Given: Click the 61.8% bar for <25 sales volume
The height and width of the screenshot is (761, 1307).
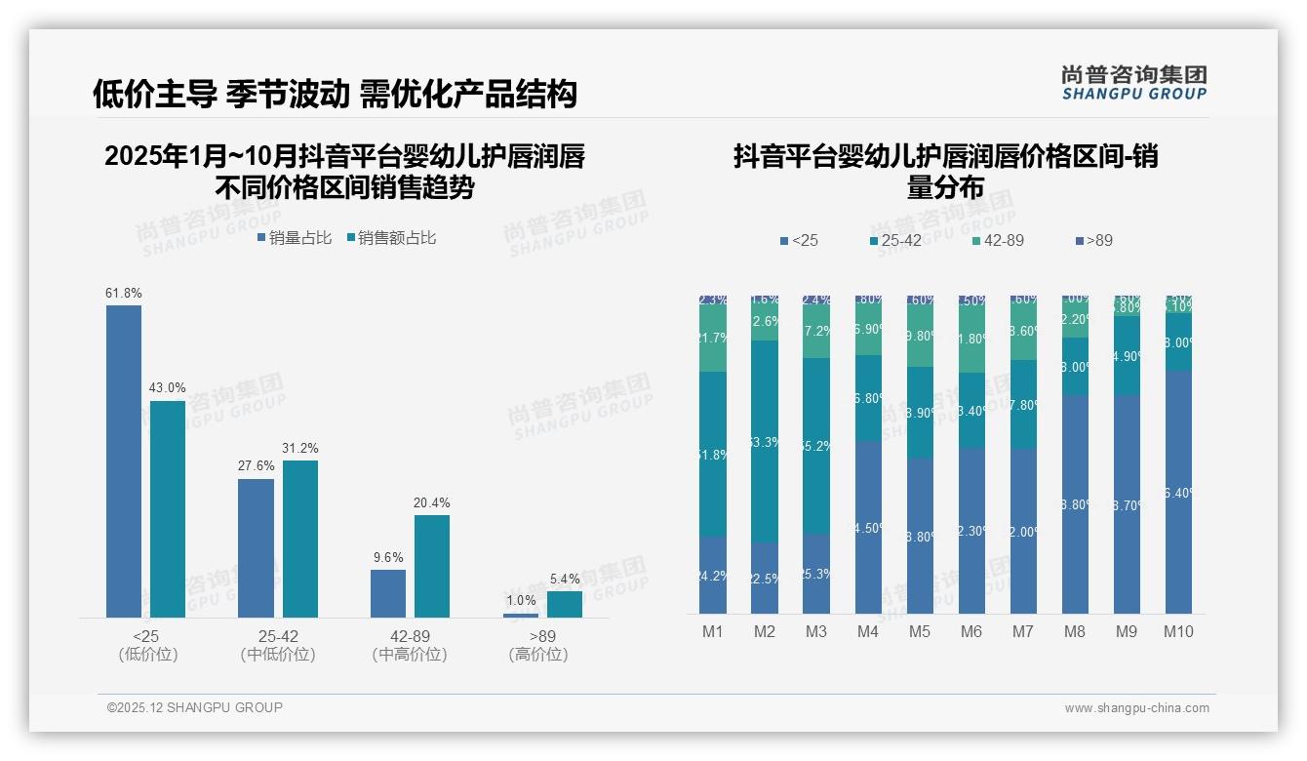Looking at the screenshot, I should click(124, 461).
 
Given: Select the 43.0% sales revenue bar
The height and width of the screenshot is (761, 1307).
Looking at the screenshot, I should click(168, 508).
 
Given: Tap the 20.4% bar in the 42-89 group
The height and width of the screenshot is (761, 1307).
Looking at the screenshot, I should click(432, 566).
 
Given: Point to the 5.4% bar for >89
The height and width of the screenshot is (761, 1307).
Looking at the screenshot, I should click(564, 604).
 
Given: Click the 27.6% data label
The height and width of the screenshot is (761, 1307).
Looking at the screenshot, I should click(257, 466).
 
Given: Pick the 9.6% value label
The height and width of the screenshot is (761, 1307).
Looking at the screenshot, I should click(387, 557).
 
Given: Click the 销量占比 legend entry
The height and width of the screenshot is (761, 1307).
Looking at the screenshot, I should click(295, 237).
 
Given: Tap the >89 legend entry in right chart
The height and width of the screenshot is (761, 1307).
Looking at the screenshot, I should click(1093, 240).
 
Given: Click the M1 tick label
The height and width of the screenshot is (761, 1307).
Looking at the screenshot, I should click(713, 631).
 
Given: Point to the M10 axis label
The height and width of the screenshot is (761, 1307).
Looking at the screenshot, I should click(1178, 631).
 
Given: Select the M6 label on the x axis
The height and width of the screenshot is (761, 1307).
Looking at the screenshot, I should click(971, 631).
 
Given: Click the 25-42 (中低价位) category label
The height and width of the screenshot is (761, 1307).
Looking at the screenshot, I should click(278, 645).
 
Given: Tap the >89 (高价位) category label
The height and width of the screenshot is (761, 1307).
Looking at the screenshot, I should click(537, 645).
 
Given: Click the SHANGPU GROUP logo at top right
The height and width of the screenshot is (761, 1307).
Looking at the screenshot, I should click(1133, 83).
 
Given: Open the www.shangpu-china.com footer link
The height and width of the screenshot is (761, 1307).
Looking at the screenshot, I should click(1136, 708).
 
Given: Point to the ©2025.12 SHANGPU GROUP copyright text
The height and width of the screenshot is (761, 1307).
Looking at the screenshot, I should click(195, 707).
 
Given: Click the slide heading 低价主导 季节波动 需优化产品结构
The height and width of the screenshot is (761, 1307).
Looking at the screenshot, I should click(335, 94).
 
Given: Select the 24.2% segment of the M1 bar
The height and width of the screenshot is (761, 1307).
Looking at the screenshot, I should click(713, 575).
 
